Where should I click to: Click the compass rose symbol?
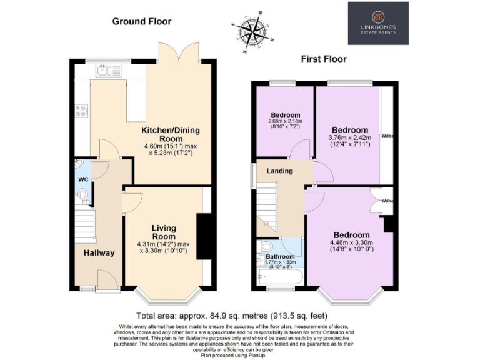(x=256, y=28)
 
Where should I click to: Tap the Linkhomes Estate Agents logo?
(x=378, y=23)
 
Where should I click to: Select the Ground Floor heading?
(x=141, y=21)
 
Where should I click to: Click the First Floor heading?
(x=324, y=59)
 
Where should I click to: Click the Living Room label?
(x=162, y=232)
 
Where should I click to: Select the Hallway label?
(x=99, y=253)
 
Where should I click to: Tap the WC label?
(x=83, y=179)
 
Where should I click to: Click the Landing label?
(x=279, y=171)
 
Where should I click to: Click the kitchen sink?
(x=107, y=71)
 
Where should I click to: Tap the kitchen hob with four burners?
(x=81, y=111)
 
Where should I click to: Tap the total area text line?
(x=232, y=316)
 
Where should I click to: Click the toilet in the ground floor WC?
(x=82, y=195)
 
